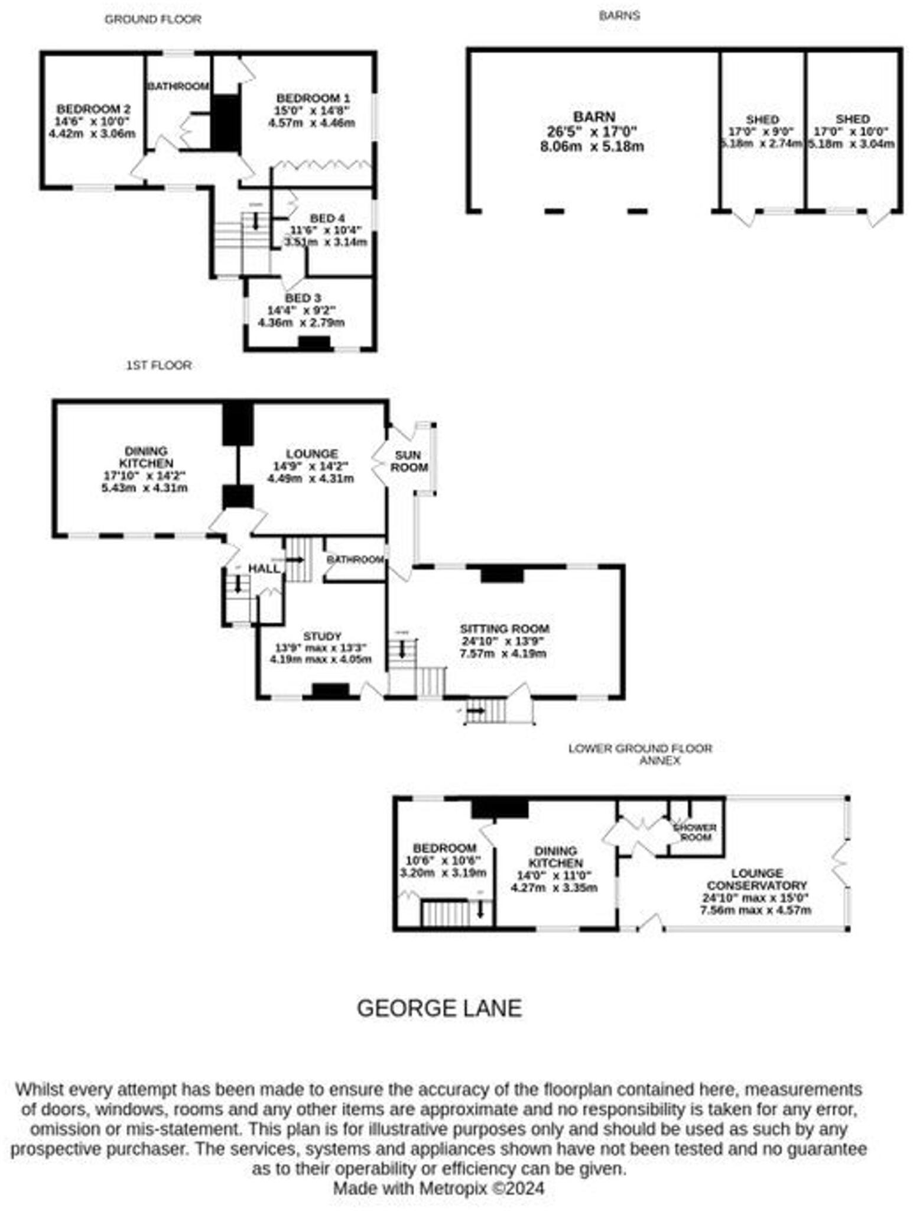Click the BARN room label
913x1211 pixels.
[x=593, y=116]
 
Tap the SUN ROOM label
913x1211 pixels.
[x=408, y=461]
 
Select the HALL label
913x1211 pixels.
[x=264, y=568]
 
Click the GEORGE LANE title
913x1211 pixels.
[x=439, y=1008]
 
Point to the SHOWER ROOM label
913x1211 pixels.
[x=696, y=832]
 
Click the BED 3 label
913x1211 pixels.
[x=303, y=297]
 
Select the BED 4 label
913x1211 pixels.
[x=327, y=218]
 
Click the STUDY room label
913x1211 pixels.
[x=322, y=636]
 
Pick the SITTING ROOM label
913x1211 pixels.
[x=505, y=629]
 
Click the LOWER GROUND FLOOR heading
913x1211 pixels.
[x=640, y=748]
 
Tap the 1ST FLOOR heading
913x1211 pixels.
[x=158, y=365]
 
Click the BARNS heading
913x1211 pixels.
[x=619, y=16]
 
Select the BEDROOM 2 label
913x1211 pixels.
[x=93, y=109]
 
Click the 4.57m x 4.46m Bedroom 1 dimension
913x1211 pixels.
[x=311, y=123]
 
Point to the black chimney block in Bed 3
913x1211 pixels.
[x=314, y=343]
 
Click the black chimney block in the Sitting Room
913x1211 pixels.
[x=502, y=574]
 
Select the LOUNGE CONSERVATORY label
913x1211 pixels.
[x=756, y=879]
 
